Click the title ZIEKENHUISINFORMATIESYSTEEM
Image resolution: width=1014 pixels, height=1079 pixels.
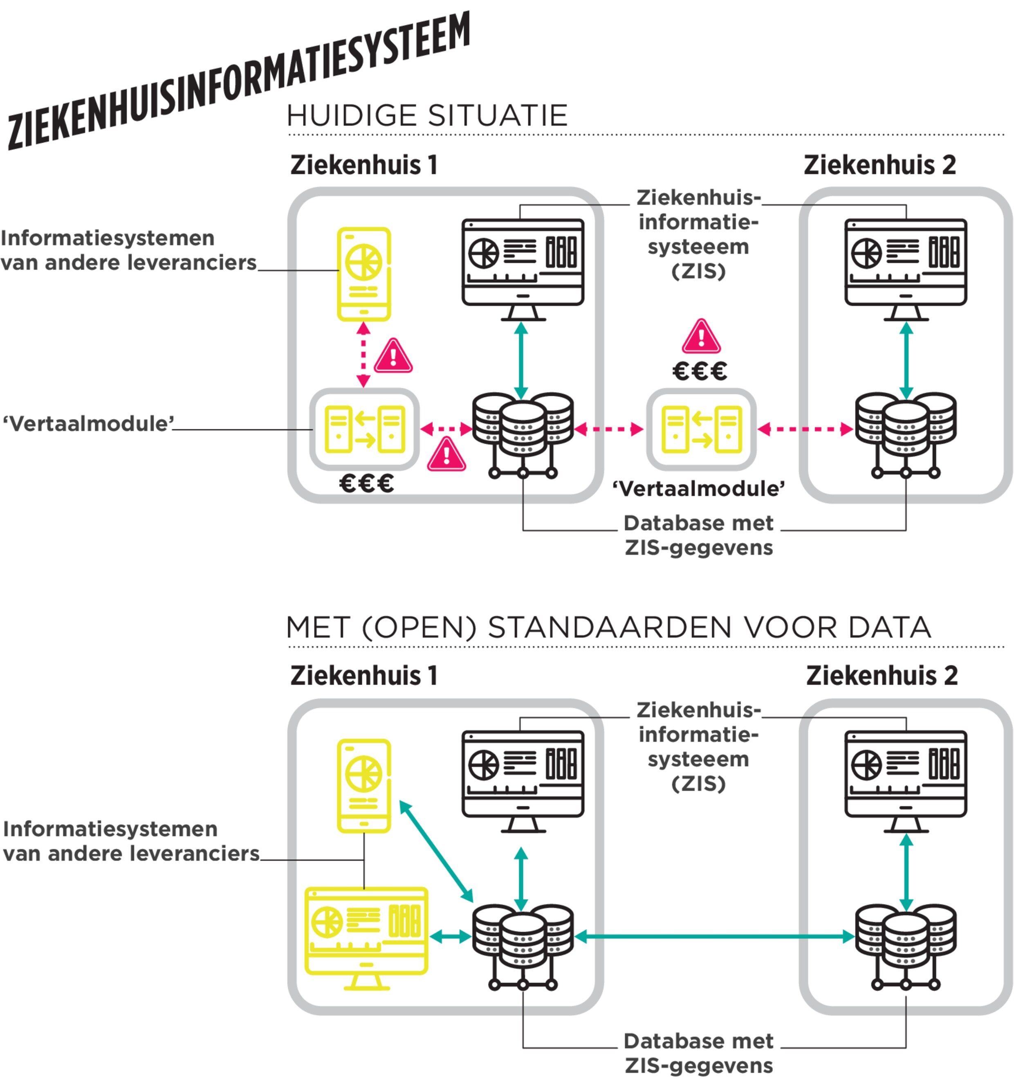click(239, 81)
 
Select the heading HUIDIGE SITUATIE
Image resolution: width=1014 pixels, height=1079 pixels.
click(427, 116)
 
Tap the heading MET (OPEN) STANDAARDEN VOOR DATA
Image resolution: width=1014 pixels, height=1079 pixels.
click(608, 627)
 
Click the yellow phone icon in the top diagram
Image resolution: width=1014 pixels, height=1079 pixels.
click(364, 274)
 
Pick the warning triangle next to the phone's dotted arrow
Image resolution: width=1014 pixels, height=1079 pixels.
click(394, 357)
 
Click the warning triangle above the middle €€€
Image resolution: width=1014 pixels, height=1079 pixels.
click(701, 337)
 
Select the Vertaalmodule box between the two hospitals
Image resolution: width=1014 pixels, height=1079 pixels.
click(701, 429)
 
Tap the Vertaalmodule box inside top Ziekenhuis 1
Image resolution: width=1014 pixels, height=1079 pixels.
click(364, 429)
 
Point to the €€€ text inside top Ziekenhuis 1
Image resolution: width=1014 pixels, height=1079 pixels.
click(366, 483)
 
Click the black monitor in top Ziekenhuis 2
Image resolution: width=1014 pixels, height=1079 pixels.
click(906, 266)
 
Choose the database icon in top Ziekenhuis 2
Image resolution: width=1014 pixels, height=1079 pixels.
click(906, 432)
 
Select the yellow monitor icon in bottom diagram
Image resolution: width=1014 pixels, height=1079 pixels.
click(366, 936)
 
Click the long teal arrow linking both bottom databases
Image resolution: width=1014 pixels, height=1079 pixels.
click(714, 936)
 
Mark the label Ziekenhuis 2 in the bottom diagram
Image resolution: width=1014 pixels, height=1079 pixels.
click(882, 676)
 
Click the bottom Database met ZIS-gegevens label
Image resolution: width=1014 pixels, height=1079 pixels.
click(699, 1053)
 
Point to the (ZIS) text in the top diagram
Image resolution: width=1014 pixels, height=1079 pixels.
click(699, 271)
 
